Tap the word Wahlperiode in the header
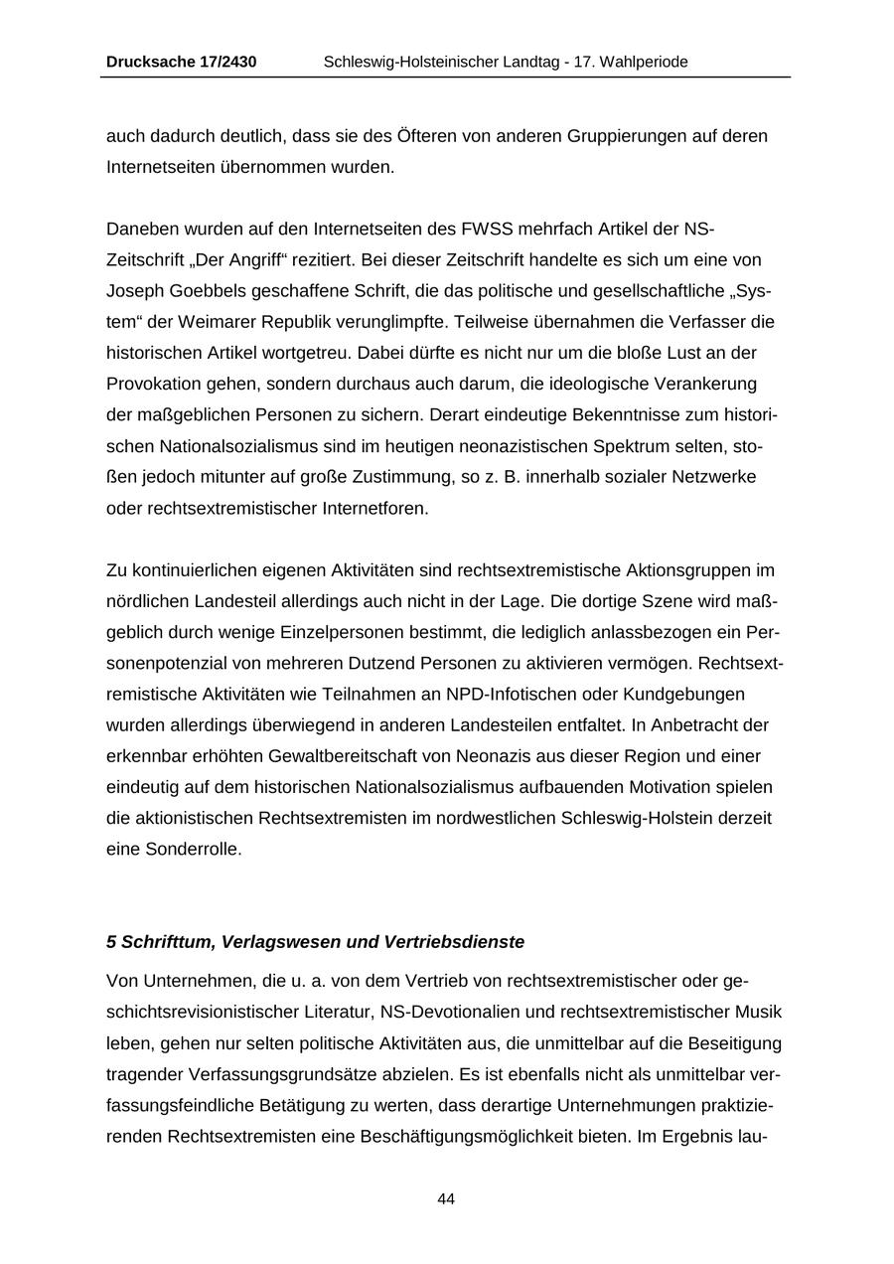point(643,62)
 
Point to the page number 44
point(446,1199)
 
